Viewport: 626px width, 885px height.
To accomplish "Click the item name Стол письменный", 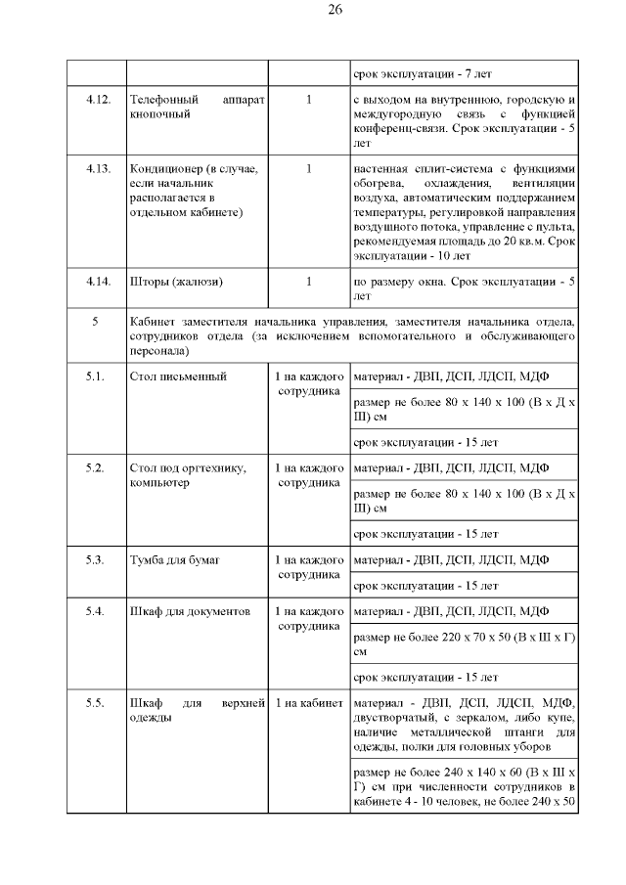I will [x=178, y=376].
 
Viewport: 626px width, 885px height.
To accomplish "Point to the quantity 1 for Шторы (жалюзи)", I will [x=308, y=282].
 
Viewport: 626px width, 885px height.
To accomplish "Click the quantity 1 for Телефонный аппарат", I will [x=308, y=100].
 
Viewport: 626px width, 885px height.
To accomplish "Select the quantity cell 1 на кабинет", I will [x=308, y=704].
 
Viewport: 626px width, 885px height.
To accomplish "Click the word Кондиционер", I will [x=165, y=168].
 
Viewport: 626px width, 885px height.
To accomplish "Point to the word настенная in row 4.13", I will [x=381, y=168].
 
